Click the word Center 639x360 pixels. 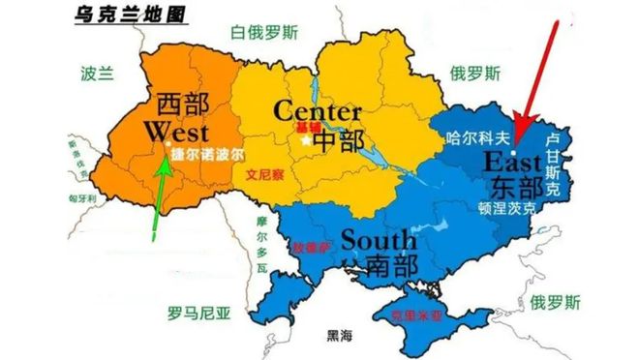[x=318, y=110]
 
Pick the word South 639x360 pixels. [x=378, y=238]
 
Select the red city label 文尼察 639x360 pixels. [x=264, y=177]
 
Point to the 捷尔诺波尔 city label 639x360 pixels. [x=207, y=153]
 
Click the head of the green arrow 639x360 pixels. [x=166, y=160]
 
